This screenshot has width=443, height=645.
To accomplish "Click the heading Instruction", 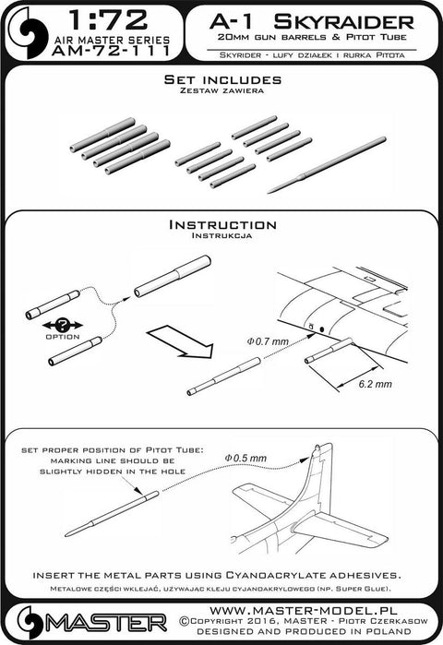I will tap(221, 225).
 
